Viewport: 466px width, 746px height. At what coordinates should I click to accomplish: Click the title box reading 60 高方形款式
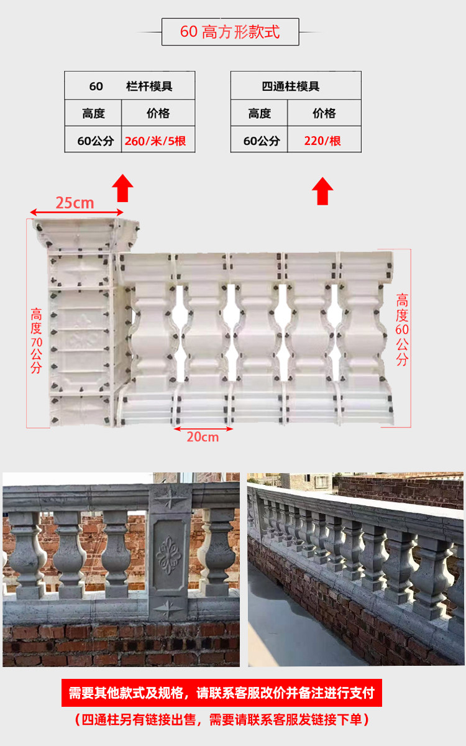[231, 32]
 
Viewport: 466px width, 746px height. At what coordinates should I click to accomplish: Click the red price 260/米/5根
[155, 141]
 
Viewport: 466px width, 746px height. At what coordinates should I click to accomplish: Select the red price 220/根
[322, 141]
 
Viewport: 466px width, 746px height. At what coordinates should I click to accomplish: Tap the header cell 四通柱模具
[296, 86]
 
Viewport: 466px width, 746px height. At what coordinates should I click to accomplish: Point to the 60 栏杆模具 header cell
[130, 86]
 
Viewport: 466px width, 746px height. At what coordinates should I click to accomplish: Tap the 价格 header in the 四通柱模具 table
[324, 113]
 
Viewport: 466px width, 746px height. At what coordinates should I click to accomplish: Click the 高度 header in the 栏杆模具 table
[93, 113]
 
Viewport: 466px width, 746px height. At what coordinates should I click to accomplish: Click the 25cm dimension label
[75, 203]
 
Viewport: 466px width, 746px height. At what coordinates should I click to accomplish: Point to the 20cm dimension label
[203, 437]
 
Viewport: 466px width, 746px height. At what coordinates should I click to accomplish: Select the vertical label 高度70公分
[36, 341]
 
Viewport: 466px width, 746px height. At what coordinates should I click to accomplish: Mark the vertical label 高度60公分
[402, 329]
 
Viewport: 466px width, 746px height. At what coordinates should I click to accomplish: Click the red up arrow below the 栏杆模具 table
[123, 188]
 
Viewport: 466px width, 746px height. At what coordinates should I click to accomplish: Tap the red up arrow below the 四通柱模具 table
[322, 191]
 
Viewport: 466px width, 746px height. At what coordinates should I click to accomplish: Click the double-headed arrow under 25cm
[76, 212]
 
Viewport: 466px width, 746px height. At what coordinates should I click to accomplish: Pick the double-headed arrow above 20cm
[203, 429]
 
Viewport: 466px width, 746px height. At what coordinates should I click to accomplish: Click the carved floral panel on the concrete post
[168, 555]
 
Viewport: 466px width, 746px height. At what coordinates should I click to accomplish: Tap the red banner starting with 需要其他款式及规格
[222, 693]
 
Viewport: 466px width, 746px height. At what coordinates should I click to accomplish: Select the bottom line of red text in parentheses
[222, 720]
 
